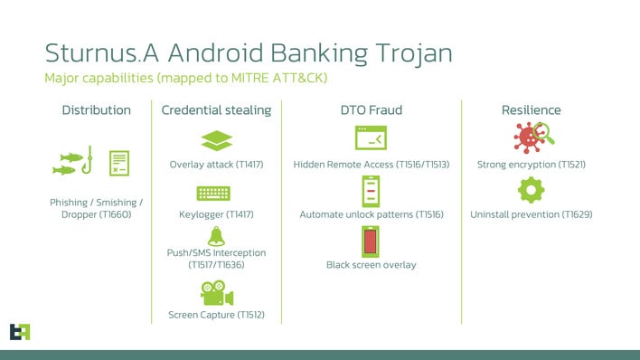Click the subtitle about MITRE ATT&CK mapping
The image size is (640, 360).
pyautogui.click(x=185, y=79)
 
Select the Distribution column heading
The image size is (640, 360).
pyautogui.click(x=96, y=110)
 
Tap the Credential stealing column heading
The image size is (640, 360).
pyautogui.click(x=216, y=110)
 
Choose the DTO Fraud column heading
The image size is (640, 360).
pyautogui.click(x=371, y=110)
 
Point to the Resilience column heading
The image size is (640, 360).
pyautogui.click(x=531, y=110)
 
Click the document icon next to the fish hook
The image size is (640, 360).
pyautogui.click(x=119, y=163)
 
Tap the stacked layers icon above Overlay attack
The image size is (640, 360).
pyautogui.click(x=216, y=141)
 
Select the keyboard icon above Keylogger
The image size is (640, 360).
pyautogui.click(x=214, y=194)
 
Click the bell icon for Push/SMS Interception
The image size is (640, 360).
pyautogui.click(x=216, y=236)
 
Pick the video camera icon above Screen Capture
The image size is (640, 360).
pyautogui.click(x=216, y=294)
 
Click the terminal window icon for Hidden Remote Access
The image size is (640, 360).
pyautogui.click(x=371, y=138)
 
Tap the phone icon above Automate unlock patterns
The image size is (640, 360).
pyautogui.click(x=371, y=191)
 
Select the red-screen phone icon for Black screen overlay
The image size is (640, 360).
pyautogui.click(x=371, y=242)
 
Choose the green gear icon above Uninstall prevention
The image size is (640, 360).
pyautogui.click(x=531, y=191)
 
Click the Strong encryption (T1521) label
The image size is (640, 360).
pyautogui.click(x=531, y=166)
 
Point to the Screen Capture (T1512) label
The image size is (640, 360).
pyautogui.click(x=216, y=316)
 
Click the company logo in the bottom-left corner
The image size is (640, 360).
pyautogui.click(x=19, y=332)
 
